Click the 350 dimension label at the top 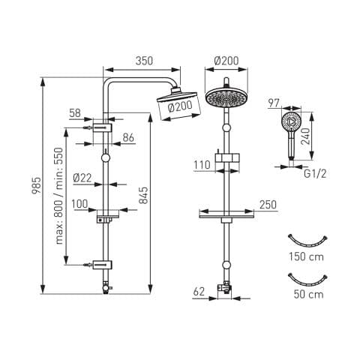[x=144, y=61]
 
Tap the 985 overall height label [x=36, y=186]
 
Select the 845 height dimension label [x=143, y=195]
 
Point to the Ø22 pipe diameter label [x=82, y=178]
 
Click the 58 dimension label [x=75, y=113]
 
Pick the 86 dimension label [x=128, y=137]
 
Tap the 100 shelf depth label [x=79, y=204]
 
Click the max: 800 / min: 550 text [x=59, y=196]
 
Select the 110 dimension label [x=202, y=165]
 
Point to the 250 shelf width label [x=268, y=205]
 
